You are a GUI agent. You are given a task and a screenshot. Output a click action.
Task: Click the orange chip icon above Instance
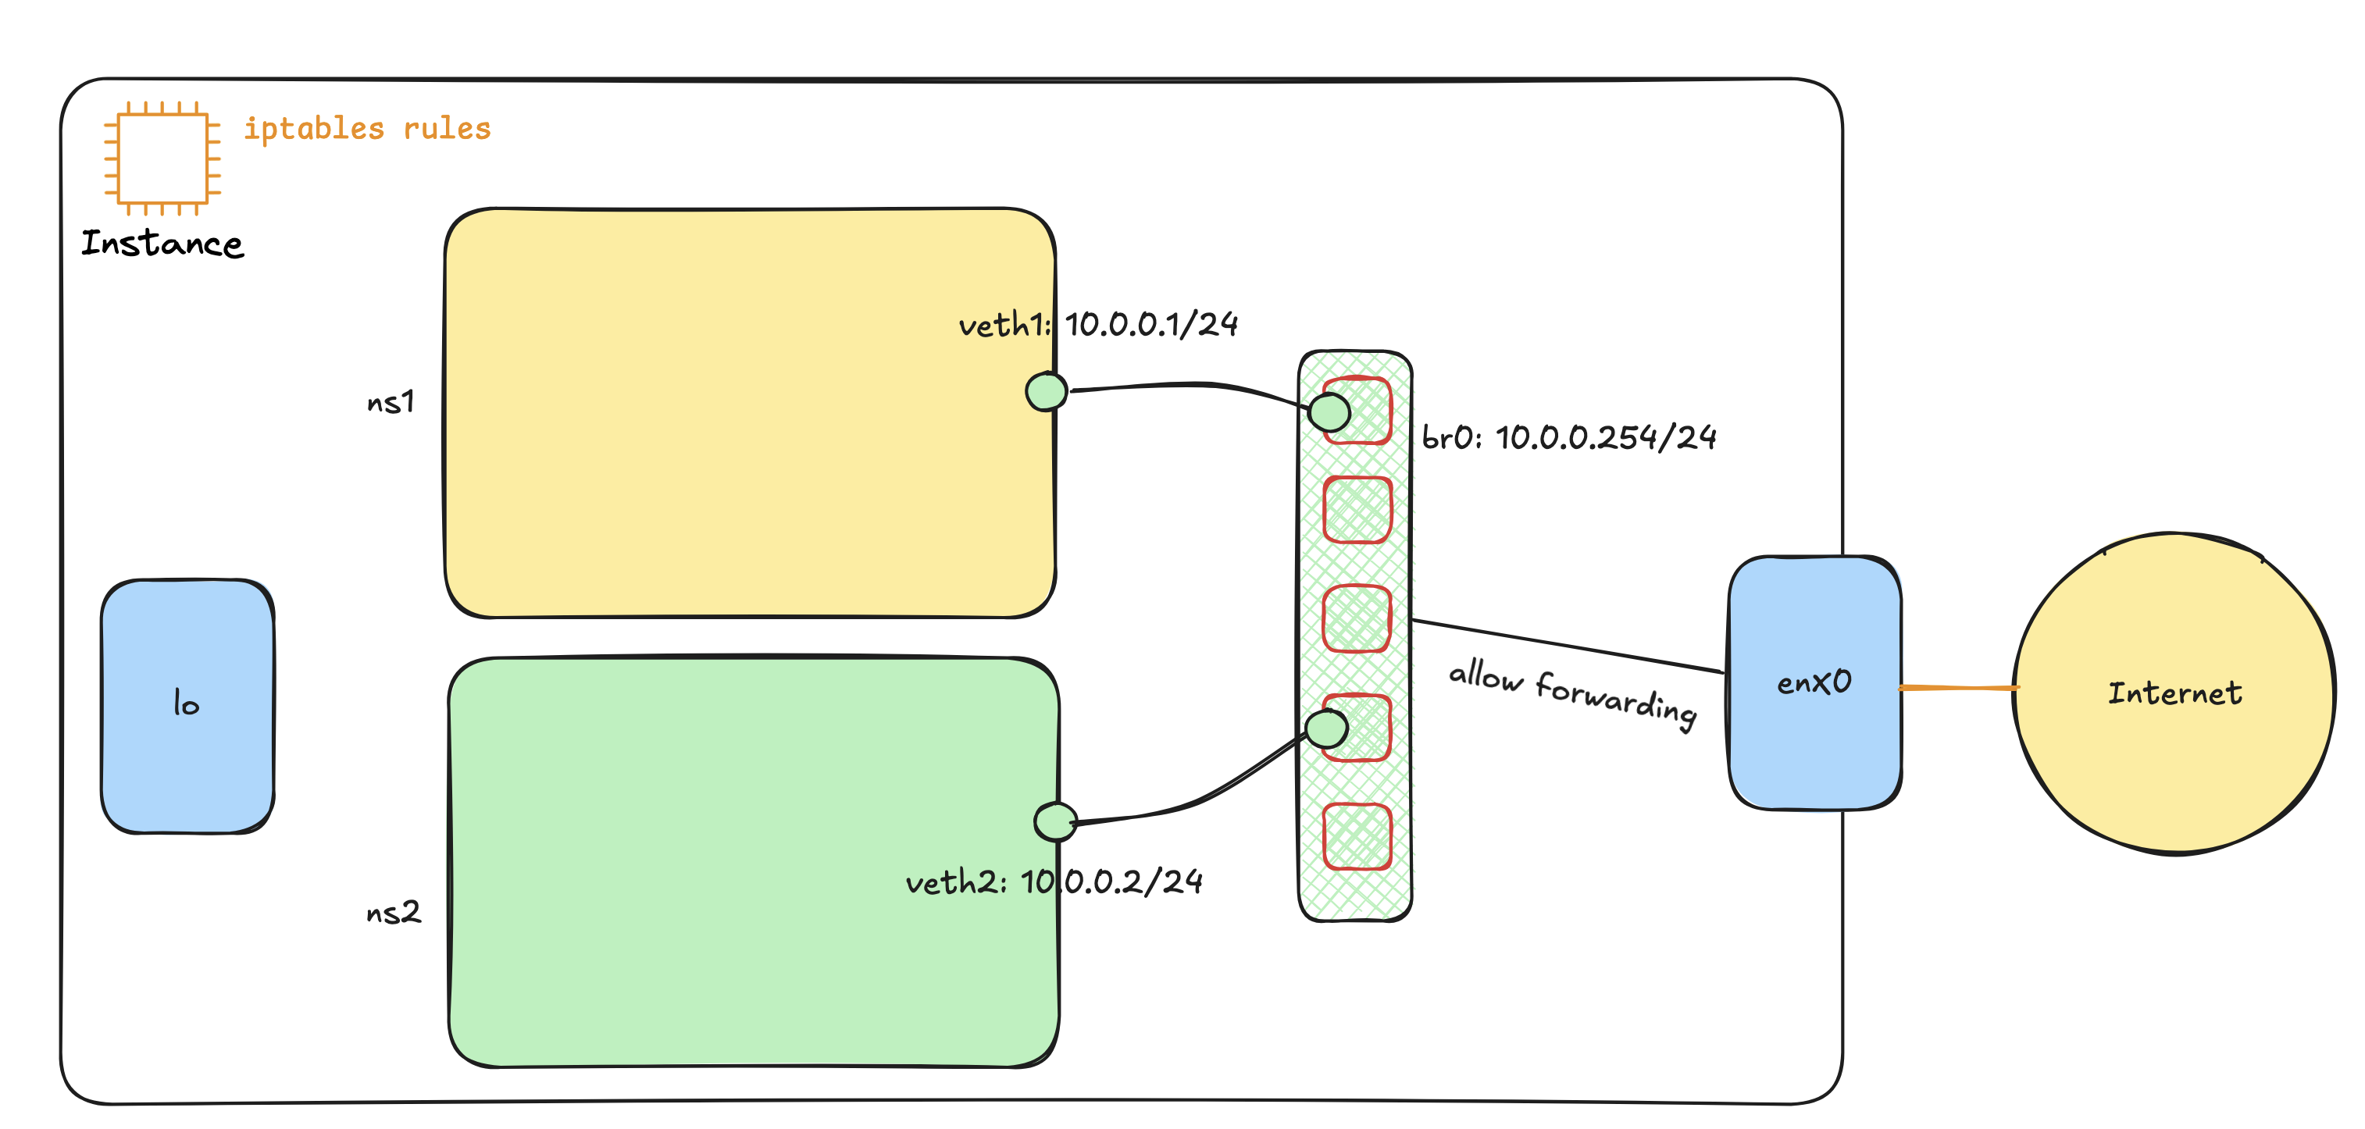coord(162,158)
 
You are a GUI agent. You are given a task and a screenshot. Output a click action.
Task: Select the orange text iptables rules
coord(367,129)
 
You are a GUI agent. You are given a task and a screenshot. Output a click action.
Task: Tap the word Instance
coord(162,244)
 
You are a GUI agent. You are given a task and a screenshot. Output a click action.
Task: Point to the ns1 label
coord(391,402)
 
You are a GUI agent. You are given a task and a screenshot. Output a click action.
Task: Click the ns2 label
coord(393,913)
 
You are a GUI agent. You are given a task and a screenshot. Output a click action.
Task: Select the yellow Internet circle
coord(2174,693)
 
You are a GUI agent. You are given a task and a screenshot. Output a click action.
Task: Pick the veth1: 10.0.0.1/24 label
coord(1098,324)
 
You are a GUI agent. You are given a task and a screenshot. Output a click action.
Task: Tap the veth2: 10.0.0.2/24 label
coord(1054,882)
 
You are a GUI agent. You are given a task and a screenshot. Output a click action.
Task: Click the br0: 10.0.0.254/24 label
coord(1569,438)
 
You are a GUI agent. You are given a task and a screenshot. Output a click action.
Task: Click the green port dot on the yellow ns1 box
coord(1047,392)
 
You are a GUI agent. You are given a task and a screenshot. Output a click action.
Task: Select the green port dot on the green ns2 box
coord(1055,821)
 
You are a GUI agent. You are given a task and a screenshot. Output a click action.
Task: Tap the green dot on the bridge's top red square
coord(1329,412)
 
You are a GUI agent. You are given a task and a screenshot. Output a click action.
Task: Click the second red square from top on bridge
coord(1357,511)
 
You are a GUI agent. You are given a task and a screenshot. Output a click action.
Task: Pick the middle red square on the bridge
coord(1357,618)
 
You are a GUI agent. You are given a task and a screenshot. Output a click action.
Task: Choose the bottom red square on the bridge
coord(1357,836)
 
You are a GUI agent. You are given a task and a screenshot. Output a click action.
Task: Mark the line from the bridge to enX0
coord(1568,646)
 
